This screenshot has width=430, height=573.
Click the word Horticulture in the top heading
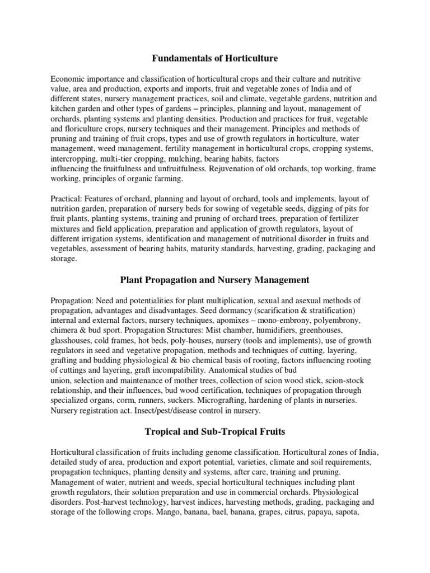tap(250, 58)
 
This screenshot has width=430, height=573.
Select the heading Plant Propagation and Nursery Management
tap(215, 279)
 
